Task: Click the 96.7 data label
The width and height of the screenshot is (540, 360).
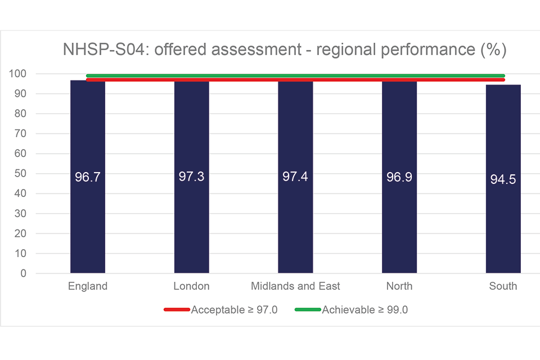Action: (x=87, y=177)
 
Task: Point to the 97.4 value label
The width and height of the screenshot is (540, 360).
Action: (x=295, y=176)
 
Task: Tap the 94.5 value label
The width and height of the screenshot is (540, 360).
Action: (x=503, y=180)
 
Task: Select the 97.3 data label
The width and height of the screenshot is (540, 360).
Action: (x=191, y=176)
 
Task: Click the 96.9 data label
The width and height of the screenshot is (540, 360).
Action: (x=399, y=176)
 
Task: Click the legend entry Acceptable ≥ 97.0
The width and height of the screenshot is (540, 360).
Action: (x=234, y=309)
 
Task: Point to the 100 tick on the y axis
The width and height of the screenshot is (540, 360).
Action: (x=17, y=74)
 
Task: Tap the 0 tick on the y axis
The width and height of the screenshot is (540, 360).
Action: (x=24, y=273)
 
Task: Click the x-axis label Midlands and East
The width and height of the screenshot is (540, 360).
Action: (x=295, y=286)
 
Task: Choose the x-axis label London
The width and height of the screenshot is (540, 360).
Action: (x=191, y=286)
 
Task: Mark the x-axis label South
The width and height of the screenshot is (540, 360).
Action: (x=503, y=286)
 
